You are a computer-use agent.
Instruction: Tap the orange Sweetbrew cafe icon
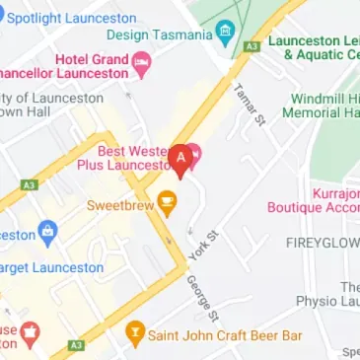[169, 203]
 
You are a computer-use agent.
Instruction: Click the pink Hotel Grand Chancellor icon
[142, 65]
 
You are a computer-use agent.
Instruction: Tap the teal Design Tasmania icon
[226, 33]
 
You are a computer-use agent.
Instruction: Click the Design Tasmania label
[159, 35]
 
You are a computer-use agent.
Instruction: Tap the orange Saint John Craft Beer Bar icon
[135, 334]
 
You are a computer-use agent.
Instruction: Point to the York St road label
[202, 245]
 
